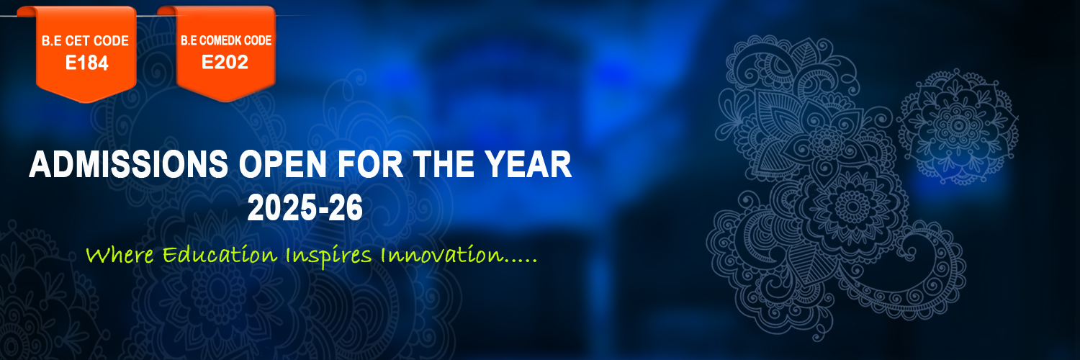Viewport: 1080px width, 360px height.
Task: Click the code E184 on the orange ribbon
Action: pyautogui.click(x=87, y=63)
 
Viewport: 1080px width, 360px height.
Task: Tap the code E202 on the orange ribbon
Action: pyautogui.click(x=225, y=62)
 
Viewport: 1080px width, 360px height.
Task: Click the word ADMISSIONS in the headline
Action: pyautogui.click(x=129, y=164)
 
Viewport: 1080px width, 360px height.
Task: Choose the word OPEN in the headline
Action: pyautogui.click(x=283, y=164)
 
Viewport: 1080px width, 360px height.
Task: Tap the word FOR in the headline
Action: pyautogui.click(x=370, y=164)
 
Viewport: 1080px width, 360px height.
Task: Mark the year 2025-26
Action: pyautogui.click(x=305, y=208)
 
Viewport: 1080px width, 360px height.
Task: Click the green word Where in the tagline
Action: pyautogui.click(x=120, y=254)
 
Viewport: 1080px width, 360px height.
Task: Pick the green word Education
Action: pyautogui.click(x=220, y=254)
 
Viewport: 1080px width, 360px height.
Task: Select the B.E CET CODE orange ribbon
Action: pyautogui.click(x=86, y=54)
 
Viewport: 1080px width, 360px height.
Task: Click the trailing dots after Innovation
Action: pyautogui.click(x=521, y=261)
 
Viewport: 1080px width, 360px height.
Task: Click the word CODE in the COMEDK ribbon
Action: pyautogui.click(x=258, y=40)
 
